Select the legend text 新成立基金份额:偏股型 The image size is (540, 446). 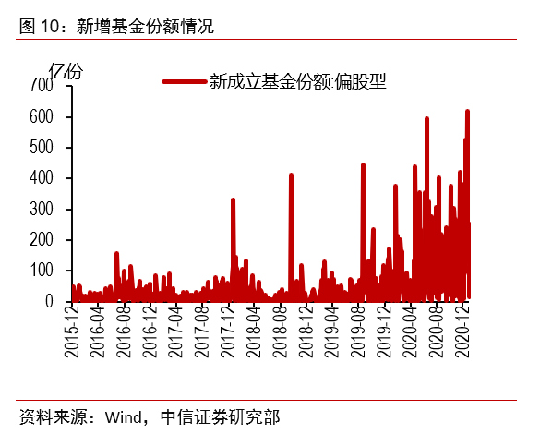coord(296,81)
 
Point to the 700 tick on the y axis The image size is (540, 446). coord(42,86)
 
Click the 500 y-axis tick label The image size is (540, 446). coord(42,148)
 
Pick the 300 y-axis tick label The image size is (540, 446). coord(42,210)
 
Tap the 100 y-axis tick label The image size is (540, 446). coord(42,271)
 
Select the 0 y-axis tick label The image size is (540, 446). coord(49,301)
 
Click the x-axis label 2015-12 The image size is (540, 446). coord(72,336)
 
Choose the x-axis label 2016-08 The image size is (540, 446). coord(122,336)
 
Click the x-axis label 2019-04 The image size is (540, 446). coord(333,336)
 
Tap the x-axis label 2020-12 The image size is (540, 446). coord(464,336)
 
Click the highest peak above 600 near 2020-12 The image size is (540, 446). coord(467,112)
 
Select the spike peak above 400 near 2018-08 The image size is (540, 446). coord(291,175)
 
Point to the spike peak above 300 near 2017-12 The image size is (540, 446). coord(233,199)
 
